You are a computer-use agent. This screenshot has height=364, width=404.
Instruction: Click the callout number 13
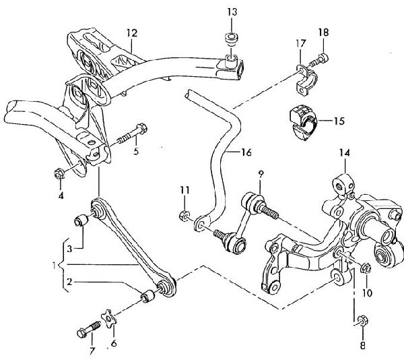click(x=232, y=12)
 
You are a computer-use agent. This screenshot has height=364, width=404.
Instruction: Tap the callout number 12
click(x=131, y=32)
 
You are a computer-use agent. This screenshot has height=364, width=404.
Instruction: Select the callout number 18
click(x=323, y=32)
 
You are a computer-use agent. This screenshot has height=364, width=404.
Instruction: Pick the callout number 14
click(x=344, y=153)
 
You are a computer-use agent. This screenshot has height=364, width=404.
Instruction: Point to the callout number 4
click(x=61, y=195)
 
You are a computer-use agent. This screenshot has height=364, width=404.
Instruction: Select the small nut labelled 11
click(x=184, y=216)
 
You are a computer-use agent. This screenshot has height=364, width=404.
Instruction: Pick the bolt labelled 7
click(x=86, y=330)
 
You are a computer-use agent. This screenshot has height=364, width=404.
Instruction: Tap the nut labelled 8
click(x=362, y=320)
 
